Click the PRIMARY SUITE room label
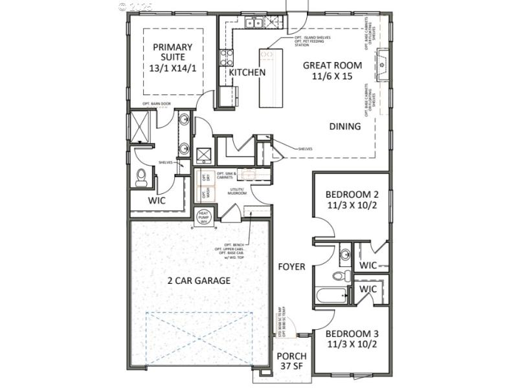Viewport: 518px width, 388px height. pyautogui.click(x=172, y=58)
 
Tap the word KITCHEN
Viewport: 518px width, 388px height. pyautogui.click(x=247, y=72)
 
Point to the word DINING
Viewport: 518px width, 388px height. pyautogui.click(x=344, y=127)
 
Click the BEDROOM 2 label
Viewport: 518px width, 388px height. pyautogui.click(x=352, y=200)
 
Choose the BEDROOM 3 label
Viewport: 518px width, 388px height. pyautogui.click(x=352, y=339)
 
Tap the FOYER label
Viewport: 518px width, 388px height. pyautogui.click(x=292, y=266)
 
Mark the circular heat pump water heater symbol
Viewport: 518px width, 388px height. pyautogui.click(x=204, y=217)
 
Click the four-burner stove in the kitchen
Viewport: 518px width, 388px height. pyautogui.click(x=226, y=58)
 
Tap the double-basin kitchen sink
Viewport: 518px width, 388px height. pyautogui.click(x=254, y=23)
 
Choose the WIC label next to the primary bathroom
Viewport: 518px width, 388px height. pyautogui.click(x=157, y=200)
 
